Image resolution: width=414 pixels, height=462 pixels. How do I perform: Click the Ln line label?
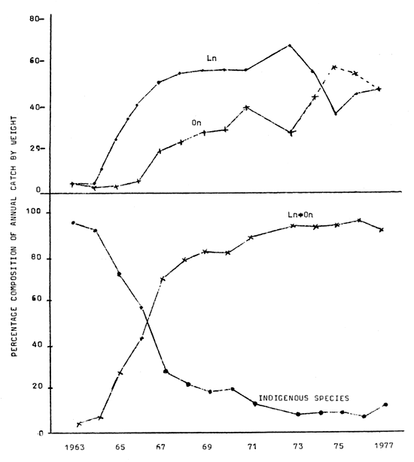pyautogui.click(x=212, y=57)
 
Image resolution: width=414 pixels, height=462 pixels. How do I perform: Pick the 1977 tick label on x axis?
pyautogui.click(x=385, y=445)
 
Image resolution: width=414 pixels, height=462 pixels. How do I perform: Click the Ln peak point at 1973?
pyautogui.click(x=290, y=45)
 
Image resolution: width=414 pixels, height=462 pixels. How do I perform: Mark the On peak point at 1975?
pyautogui.click(x=333, y=67)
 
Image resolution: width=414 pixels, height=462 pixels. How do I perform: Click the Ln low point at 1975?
pyautogui.click(x=334, y=114)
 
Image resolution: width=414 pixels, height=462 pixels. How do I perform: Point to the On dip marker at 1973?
pyautogui.click(x=291, y=132)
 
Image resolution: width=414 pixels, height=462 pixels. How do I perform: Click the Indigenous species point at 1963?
pyautogui.click(x=72, y=222)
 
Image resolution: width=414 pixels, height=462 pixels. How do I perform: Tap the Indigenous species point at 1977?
pyautogui.click(x=386, y=405)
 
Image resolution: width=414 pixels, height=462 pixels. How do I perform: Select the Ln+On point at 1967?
pyautogui.click(x=161, y=279)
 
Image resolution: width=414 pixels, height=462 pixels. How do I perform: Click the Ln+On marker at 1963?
pyautogui.click(x=79, y=424)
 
